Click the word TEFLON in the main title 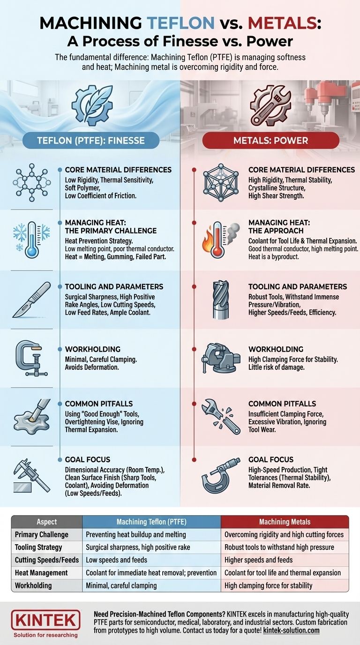point(180,23)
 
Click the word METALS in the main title point(282,23)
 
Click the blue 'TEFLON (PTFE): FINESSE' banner point(91,141)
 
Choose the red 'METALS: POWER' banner point(271,141)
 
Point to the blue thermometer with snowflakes point(32,240)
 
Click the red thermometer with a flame point(221,240)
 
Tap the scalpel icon point(32,300)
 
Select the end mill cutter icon point(221,300)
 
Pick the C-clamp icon point(32,359)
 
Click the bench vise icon point(221,358)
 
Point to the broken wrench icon point(221,417)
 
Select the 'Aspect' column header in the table point(47,522)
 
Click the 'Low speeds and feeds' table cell point(116,560)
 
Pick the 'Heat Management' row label point(41,573)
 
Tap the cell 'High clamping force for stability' point(269,585)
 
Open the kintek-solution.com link point(291,630)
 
